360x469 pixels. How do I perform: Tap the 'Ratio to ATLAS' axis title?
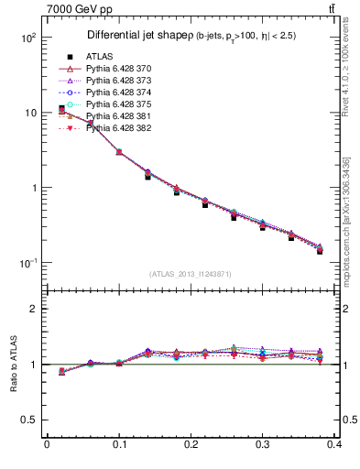[x=14, y=363]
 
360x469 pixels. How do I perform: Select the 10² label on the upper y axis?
[x=27, y=38]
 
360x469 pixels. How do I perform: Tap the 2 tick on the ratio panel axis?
[x=34, y=309]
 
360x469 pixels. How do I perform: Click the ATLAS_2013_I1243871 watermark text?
[x=191, y=274]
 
